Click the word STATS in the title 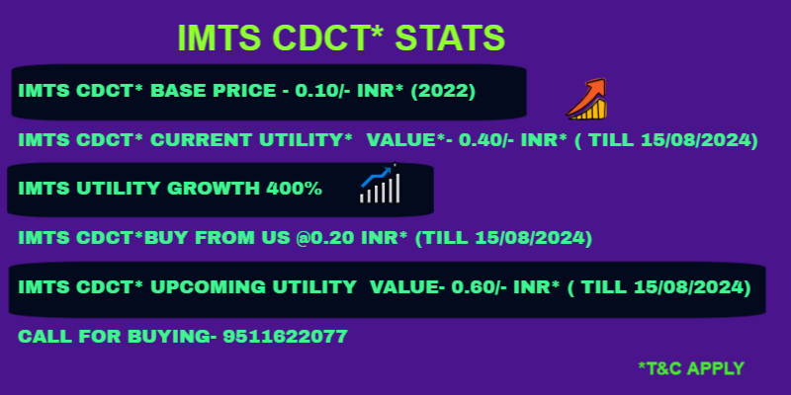[x=450, y=38]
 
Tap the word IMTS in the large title [x=220, y=38]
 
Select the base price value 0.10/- [x=323, y=91]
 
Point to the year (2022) [x=443, y=91]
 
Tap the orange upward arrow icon [x=586, y=99]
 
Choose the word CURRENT [x=203, y=140]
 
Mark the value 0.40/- [x=486, y=140]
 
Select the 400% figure [x=294, y=189]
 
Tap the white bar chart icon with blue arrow [x=380, y=183]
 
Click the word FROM [x=221, y=238]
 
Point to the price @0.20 [x=326, y=238]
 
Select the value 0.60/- [x=480, y=287]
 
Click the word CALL [x=42, y=336]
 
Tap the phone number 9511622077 [x=285, y=336]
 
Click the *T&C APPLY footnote [x=691, y=368]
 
